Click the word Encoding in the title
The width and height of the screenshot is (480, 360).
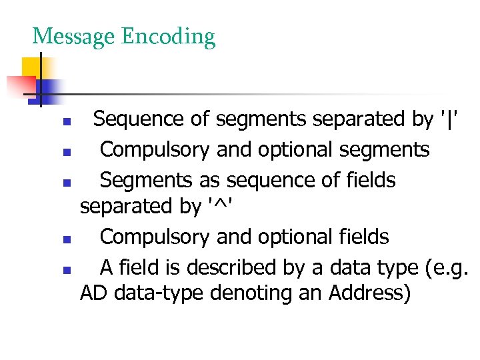[x=168, y=37]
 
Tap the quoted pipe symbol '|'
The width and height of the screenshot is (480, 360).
[x=451, y=120]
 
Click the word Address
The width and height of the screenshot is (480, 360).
[x=369, y=293]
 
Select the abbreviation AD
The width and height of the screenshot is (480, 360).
[x=94, y=293]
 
